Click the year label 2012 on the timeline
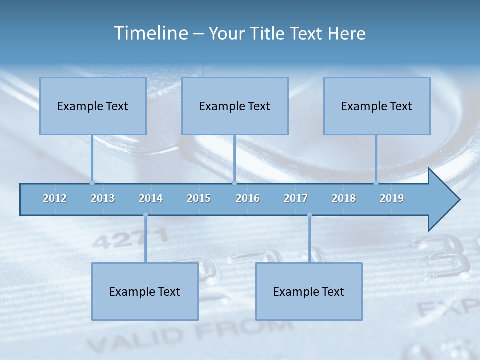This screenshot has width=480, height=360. pyautogui.click(x=55, y=198)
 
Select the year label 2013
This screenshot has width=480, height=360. pyautogui.click(x=103, y=198)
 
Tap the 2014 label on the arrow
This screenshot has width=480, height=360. pyautogui.click(x=151, y=198)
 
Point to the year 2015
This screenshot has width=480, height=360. pyautogui.click(x=199, y=198)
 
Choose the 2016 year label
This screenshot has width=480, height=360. pyautogui.click(x=248, y=198)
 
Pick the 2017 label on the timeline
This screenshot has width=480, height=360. pyautogui.click(x=296, y=198)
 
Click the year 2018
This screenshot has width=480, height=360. pyautogui.click(x=344, y=198)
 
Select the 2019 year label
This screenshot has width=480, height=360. pyautogui.click(x=392, y=198)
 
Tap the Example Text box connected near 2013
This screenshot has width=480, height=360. pyautogui.click(x=93, y=106)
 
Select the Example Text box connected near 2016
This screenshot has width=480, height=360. pyautogui.click(x=235, y=106)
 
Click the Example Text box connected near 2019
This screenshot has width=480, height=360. pyautogui.click(x=377, y=106)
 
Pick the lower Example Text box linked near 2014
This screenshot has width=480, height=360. pyautogui.click(x=145, y=292)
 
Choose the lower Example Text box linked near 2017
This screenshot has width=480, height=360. pyautogui.click(x=309, y=292)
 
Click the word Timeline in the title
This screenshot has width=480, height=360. pyautogui.click(x=150, y=33)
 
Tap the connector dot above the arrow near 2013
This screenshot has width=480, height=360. pyautogui.click(x=92, y=183)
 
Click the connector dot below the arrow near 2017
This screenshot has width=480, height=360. pyautogui.click(x=309, y=215)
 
